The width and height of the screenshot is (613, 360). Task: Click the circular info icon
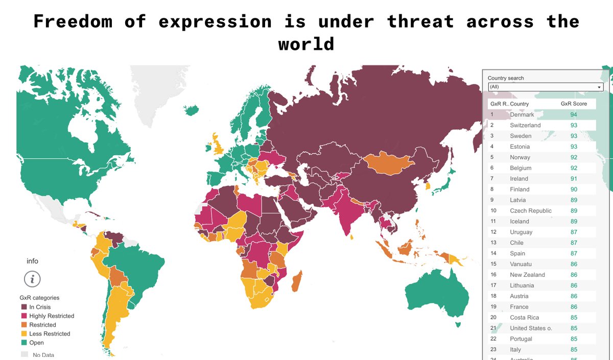point(32,279)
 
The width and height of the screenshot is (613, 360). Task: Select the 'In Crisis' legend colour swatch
point(24,307)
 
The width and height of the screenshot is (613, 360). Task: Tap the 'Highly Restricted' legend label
point(52,316)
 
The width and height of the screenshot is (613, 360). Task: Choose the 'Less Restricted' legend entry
point(50,334)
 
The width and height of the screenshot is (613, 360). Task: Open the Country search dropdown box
point(545,87)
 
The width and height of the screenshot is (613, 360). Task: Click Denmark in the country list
point(522,115)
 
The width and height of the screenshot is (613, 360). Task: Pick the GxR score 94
point(574,115)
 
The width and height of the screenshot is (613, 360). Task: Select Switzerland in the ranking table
point(525,126)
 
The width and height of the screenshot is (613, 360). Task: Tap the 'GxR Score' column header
point(574,104)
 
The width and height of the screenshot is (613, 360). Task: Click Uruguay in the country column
point(521,232)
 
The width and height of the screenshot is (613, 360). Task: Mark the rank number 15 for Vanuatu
point(493,264)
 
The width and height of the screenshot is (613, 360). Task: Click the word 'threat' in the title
point(420,21)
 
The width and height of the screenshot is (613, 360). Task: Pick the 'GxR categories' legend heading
point(39,298)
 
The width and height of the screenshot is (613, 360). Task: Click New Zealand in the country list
point(527,275)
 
